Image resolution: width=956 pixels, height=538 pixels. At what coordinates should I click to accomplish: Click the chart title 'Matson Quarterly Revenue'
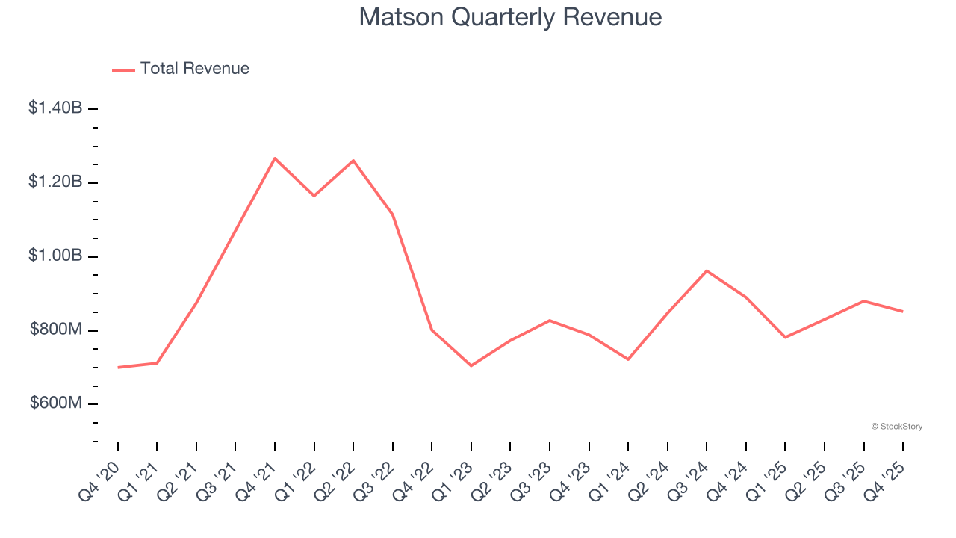(x=510, y=17)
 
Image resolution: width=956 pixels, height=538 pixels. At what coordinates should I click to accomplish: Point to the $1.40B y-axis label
(x=55, y=108)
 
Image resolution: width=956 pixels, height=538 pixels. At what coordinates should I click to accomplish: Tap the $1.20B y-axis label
(x=55, y=182)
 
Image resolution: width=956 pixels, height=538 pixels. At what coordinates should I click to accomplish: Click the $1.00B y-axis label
(x=55, y=256)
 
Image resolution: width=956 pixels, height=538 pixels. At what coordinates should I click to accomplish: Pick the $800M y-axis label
(x=56, y=330)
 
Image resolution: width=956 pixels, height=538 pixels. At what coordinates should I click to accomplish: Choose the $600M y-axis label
(x=56, y=403)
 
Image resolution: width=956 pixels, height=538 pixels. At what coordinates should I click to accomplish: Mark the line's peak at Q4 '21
(x=275, y=158)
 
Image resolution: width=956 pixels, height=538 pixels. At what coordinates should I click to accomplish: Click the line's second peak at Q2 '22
(x=353, y=161)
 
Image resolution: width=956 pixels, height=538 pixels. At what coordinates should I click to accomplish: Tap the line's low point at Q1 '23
(x=471, y=365)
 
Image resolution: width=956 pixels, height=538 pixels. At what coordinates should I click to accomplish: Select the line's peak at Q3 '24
(x=707, y=270)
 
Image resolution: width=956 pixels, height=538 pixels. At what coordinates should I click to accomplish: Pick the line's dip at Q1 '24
(x=628, y=359)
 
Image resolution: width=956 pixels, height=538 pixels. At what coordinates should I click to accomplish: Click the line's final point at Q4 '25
(x=903, y=312)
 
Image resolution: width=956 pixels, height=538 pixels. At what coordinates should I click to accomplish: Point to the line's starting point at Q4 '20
(x=118, y=368)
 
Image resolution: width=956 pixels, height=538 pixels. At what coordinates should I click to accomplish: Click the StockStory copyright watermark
(x=896, y=427)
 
